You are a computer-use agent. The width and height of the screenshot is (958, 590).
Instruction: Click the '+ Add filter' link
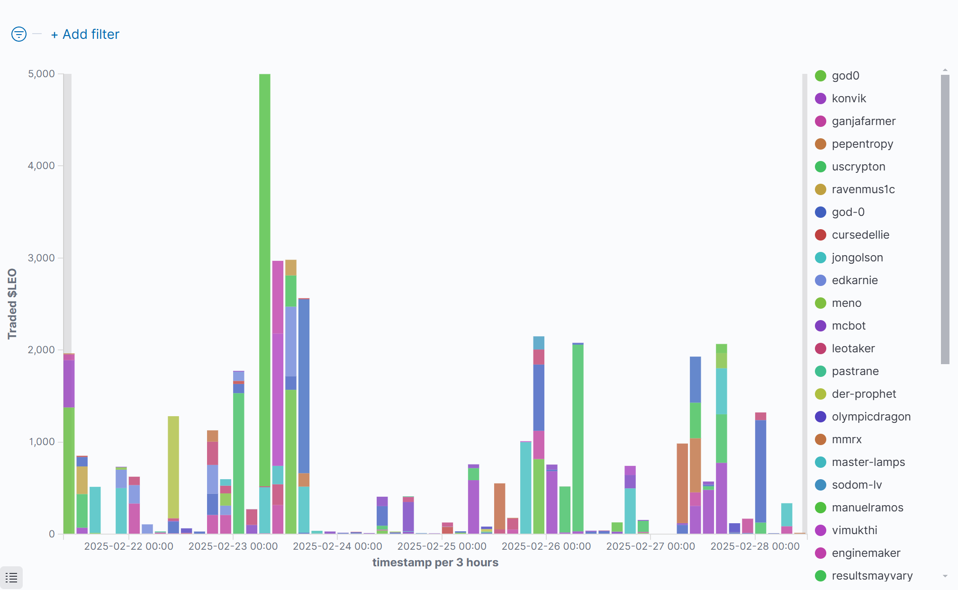point(85,35)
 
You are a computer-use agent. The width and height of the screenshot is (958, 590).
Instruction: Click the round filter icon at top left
point(19,34)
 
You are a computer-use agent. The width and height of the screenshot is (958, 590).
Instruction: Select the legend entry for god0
point(845,76)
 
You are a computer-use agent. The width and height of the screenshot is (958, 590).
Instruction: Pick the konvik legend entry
point(849,98)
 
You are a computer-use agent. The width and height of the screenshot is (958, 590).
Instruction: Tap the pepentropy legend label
point(862,144)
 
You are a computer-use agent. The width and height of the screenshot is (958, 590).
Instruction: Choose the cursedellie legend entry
point(860,235)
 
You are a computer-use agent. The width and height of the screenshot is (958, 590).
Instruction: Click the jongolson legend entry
point(857,258)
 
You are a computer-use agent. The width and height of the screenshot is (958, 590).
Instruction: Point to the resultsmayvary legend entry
point(872,576)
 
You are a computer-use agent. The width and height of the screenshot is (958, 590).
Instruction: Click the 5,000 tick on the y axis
point(42,74)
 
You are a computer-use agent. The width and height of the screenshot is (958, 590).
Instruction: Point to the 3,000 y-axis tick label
point(42,258)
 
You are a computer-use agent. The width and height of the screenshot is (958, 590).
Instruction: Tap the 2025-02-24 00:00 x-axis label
point(337,546)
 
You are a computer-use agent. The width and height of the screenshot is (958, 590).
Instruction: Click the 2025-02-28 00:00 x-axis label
point(755,546)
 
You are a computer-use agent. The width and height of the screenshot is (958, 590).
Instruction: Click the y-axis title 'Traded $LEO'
point(12,304)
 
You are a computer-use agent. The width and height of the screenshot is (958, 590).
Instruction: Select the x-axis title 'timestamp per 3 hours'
point(435,563)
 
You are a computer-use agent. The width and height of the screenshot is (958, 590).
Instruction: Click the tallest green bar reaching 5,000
point(265,279)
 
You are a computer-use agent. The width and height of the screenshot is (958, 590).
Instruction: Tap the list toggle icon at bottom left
point(11,578)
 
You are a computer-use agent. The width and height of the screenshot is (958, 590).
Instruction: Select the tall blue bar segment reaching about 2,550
point(304,386)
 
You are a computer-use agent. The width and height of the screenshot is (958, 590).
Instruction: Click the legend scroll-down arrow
point(945,576)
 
